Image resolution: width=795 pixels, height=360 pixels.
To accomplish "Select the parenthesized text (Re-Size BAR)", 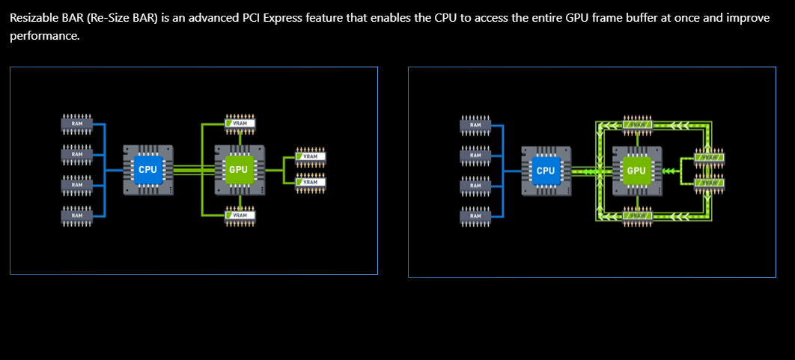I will (123, 17).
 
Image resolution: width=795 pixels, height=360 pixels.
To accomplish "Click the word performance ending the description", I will (43, 36).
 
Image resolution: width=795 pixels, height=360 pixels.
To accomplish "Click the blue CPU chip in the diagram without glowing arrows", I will (147, 170).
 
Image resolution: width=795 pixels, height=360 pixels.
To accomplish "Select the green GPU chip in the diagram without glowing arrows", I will (238, 170).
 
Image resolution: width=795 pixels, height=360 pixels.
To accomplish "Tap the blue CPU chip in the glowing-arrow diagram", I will (546, 171).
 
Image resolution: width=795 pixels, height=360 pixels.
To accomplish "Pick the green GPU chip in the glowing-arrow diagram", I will (636, 171).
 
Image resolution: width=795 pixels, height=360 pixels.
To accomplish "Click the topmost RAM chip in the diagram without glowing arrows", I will (76, 123).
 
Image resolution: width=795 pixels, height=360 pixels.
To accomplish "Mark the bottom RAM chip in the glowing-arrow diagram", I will (475, 216).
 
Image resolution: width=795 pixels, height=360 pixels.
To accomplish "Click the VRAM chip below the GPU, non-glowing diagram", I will (240, 216).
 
